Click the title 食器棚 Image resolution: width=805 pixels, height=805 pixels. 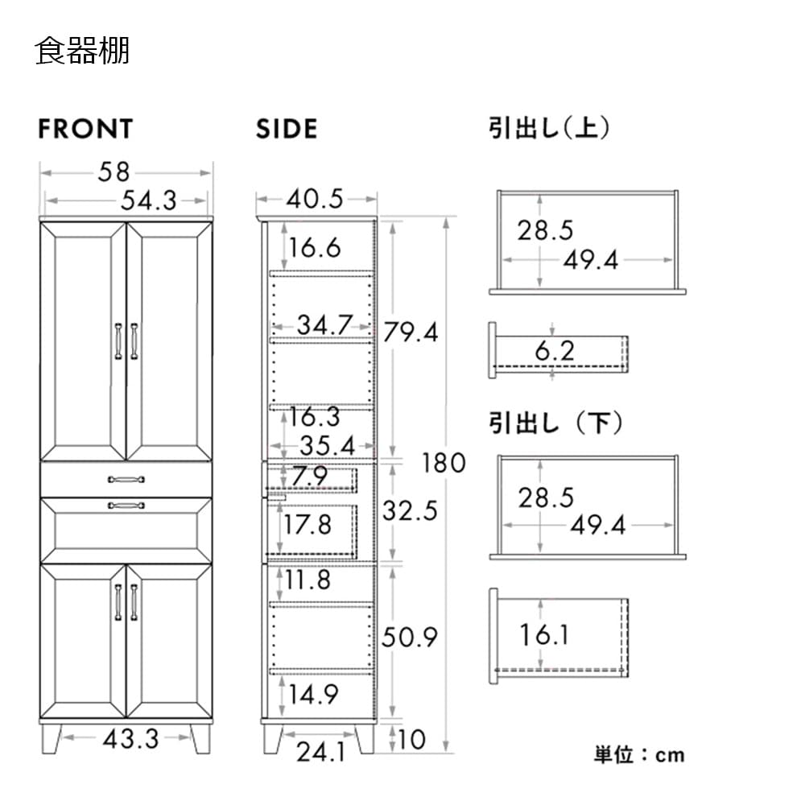click(x=82, y=51)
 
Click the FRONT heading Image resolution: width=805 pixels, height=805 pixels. click(x=86, y=129)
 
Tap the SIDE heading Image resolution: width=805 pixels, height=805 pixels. click(x=287, y=129)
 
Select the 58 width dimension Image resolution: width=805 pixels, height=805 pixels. click(x=114, y=172)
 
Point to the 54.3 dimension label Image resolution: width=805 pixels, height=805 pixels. click(x=148, y=200)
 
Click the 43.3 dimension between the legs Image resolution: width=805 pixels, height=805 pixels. click(x=131, y=739)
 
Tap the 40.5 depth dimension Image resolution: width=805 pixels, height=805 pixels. click(x=315, y=199)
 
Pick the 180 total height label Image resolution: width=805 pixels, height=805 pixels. click(x=444, y=463)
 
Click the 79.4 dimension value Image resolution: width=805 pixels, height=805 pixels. click(x=411, y=332)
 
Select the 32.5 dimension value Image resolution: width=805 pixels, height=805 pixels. click(x=410, y=511)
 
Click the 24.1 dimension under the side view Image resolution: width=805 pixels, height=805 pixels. click(x=321, y=752)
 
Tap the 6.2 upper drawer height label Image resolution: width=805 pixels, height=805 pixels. click(x=555, y=351)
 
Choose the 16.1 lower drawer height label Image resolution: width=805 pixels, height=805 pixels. click(x=543, y=635)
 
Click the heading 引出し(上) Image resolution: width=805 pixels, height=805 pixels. click(x=549, y=128)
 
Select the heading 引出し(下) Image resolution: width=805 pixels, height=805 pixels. click(x=555, y=423)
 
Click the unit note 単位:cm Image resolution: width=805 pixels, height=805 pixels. click(x=639, y=755)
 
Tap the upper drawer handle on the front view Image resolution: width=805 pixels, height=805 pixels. click(x=126, y=480)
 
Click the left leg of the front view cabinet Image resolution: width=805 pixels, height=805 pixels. click(x=52, y=738)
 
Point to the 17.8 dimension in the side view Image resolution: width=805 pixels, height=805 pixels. click(x=308, y=525)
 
